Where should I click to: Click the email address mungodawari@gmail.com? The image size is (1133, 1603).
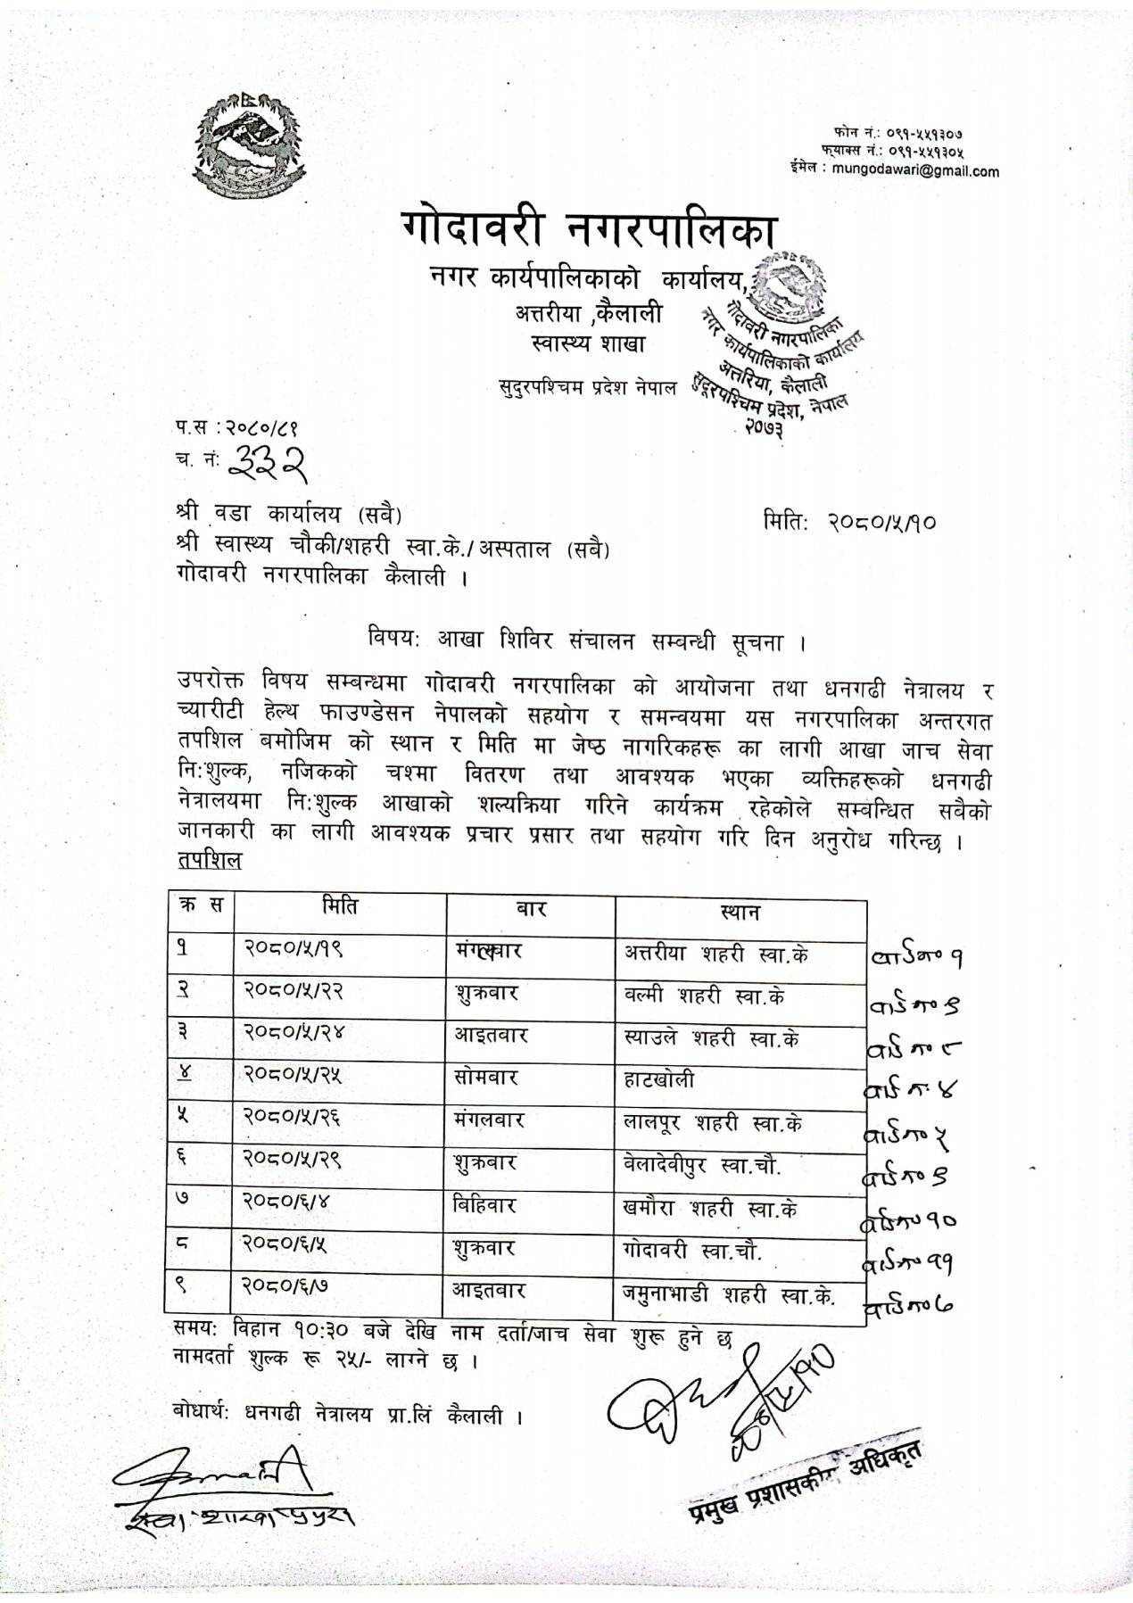pos(915,172)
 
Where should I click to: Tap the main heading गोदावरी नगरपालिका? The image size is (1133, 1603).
pos(589,231)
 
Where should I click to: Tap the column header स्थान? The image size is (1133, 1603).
pos(740,913)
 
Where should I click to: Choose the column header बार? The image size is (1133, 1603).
pos(530,911)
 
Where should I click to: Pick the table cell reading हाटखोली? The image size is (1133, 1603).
pos(659,1080)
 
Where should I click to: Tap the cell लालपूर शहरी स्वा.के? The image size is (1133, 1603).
pos(713,1123)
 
